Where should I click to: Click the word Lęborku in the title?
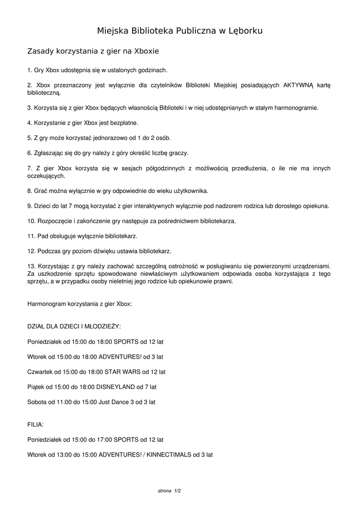pos(243,31)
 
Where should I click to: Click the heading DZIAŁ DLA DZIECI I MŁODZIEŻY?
pos(74,326)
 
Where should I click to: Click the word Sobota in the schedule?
pos(37,401)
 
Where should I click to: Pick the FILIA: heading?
pos(35,425)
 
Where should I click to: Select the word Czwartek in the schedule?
pos(40,371)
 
